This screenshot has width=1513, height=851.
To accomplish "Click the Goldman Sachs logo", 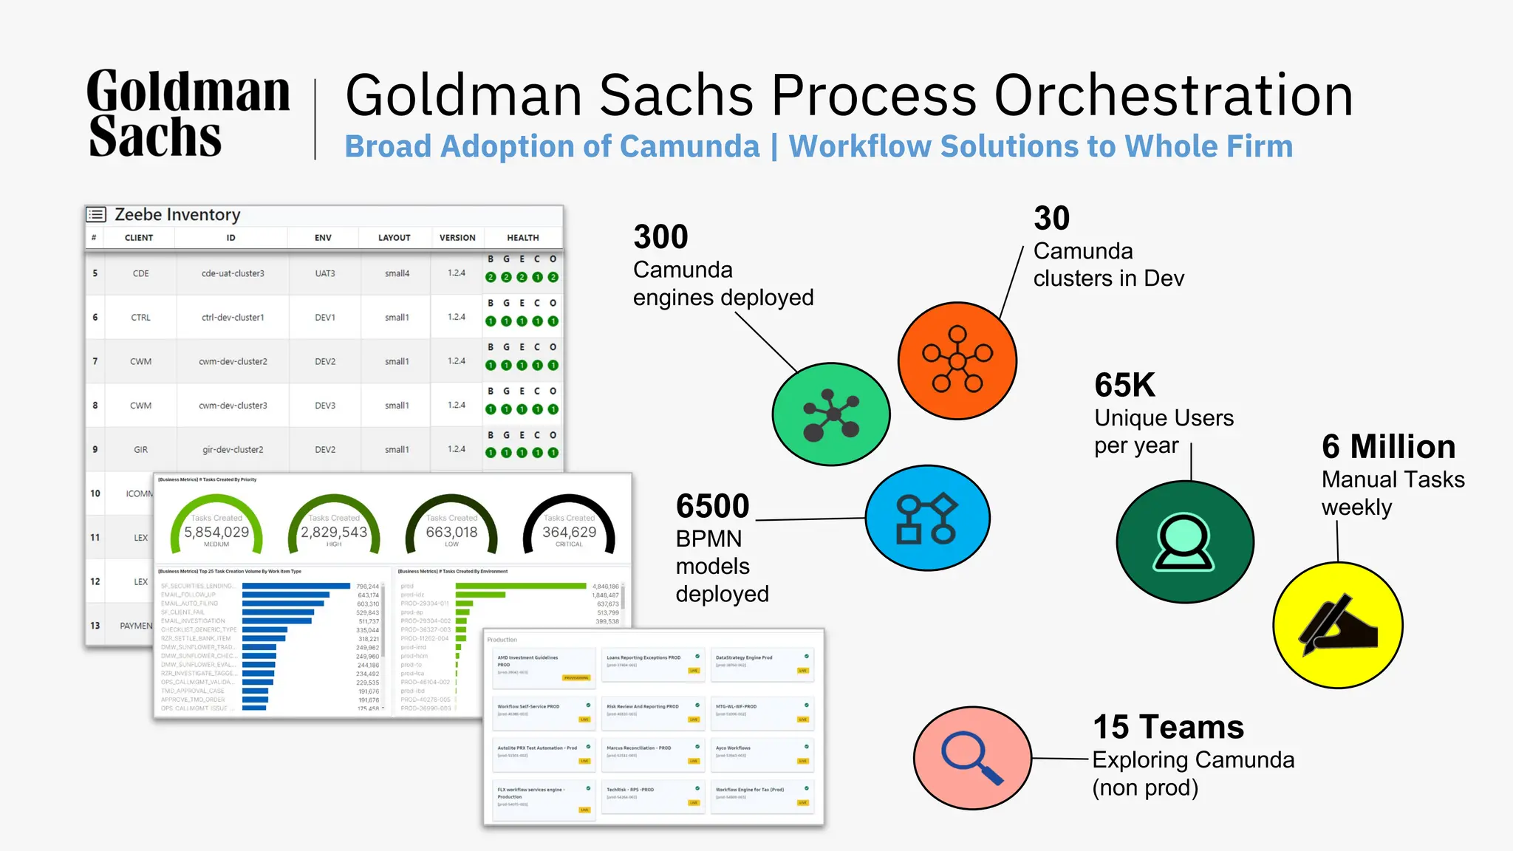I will click(188, 114).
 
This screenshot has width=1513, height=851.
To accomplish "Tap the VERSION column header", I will click(457, 238).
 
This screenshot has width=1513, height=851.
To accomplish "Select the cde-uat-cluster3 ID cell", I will click(233, 273).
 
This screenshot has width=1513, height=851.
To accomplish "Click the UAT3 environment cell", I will click(325, 273).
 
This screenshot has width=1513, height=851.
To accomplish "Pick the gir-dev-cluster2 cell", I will click(233, 449).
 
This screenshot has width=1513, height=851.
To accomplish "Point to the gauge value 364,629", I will click(569, 532).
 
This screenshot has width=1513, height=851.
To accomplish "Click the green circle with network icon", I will click(831, 414).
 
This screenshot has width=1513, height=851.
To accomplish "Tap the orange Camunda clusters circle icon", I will click(957, 360).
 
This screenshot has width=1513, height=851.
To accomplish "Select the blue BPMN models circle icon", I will click(927, 518).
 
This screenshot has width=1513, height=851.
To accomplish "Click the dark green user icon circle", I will click(1184, 542).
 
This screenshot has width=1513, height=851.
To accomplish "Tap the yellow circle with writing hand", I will click(1338, 625).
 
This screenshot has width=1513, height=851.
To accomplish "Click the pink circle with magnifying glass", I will click(972, 758).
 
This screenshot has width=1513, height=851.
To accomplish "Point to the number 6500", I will click(712, 507).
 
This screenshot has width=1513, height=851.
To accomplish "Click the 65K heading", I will click(1124, 386).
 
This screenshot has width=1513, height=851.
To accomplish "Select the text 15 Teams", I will click(1168, 728).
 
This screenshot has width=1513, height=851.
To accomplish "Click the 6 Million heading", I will click(1388, 447).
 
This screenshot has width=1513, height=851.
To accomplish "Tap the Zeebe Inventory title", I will click(177, 215).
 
